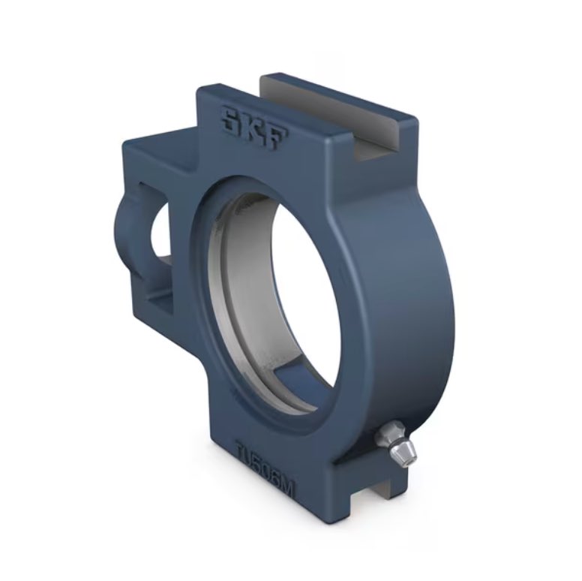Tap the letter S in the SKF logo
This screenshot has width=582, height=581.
pyautogui.click(x=227, y=119)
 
